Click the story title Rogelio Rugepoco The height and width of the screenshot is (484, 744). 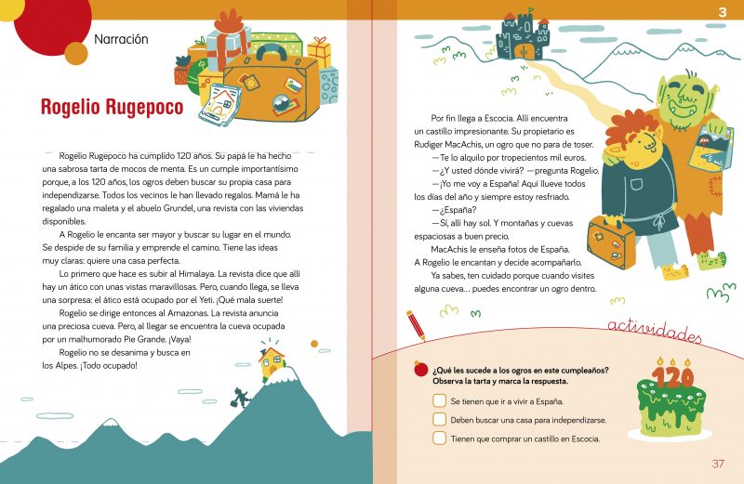click(112, 107)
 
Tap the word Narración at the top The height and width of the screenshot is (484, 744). click(121, 39)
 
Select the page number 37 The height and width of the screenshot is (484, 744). click(718, 464)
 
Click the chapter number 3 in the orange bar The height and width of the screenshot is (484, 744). click(723, 11)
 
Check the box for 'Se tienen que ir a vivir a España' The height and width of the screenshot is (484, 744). click(439, 400)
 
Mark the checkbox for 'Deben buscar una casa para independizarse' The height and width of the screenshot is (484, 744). click(439, 420)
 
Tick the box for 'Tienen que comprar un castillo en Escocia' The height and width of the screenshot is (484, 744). click(439, 438)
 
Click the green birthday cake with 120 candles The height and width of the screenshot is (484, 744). click(671, 400)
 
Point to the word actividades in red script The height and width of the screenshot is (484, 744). click(655, 330)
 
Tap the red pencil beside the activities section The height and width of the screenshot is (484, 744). click(416, 325)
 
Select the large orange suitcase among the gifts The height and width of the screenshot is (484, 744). click(271, 85)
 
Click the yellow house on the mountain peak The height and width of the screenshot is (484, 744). click(272, 363)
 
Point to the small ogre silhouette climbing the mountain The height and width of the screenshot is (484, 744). click(241, 398)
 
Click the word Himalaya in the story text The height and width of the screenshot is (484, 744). click(196, 274)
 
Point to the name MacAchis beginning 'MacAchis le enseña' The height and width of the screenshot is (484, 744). click(450, 249)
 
